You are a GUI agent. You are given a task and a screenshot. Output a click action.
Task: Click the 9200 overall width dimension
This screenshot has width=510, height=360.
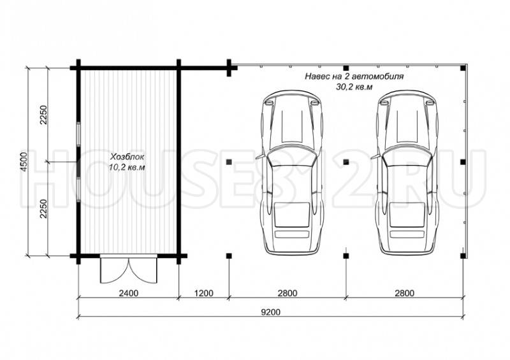270,312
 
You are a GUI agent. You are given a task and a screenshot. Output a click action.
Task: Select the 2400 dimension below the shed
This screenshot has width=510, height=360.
129,293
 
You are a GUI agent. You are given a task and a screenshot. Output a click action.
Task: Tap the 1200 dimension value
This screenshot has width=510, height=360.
204,293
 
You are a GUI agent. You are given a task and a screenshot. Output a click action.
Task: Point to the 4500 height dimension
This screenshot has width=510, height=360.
24,162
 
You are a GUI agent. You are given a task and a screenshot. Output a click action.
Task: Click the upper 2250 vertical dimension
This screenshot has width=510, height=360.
43,115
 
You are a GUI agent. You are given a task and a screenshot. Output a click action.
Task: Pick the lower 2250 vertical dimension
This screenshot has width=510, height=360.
43,208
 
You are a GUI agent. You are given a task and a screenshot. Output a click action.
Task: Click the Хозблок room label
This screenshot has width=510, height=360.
127,157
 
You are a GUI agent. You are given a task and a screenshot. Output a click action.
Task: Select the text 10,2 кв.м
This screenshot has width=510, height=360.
127,168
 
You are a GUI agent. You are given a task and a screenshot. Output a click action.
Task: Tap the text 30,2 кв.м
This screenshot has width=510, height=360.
354,87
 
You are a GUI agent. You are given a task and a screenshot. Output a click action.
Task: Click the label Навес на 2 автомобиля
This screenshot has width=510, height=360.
354,76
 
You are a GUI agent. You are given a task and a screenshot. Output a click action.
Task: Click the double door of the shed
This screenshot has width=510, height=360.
129,270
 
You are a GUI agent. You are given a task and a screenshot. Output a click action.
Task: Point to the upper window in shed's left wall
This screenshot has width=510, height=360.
78,134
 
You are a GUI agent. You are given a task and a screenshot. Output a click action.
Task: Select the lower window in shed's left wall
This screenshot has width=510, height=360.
78,190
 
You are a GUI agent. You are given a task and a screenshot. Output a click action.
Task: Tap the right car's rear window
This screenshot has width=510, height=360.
407,215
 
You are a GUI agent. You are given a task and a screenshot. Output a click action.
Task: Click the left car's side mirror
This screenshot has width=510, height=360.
259,156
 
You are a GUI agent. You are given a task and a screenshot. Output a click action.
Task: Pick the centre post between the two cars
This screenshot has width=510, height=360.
346,162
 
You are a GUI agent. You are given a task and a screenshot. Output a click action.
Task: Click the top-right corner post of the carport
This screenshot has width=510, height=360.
463,68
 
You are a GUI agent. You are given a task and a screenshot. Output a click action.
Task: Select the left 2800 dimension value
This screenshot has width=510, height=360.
288,293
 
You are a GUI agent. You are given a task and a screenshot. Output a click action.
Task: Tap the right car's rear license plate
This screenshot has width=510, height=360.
407,234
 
